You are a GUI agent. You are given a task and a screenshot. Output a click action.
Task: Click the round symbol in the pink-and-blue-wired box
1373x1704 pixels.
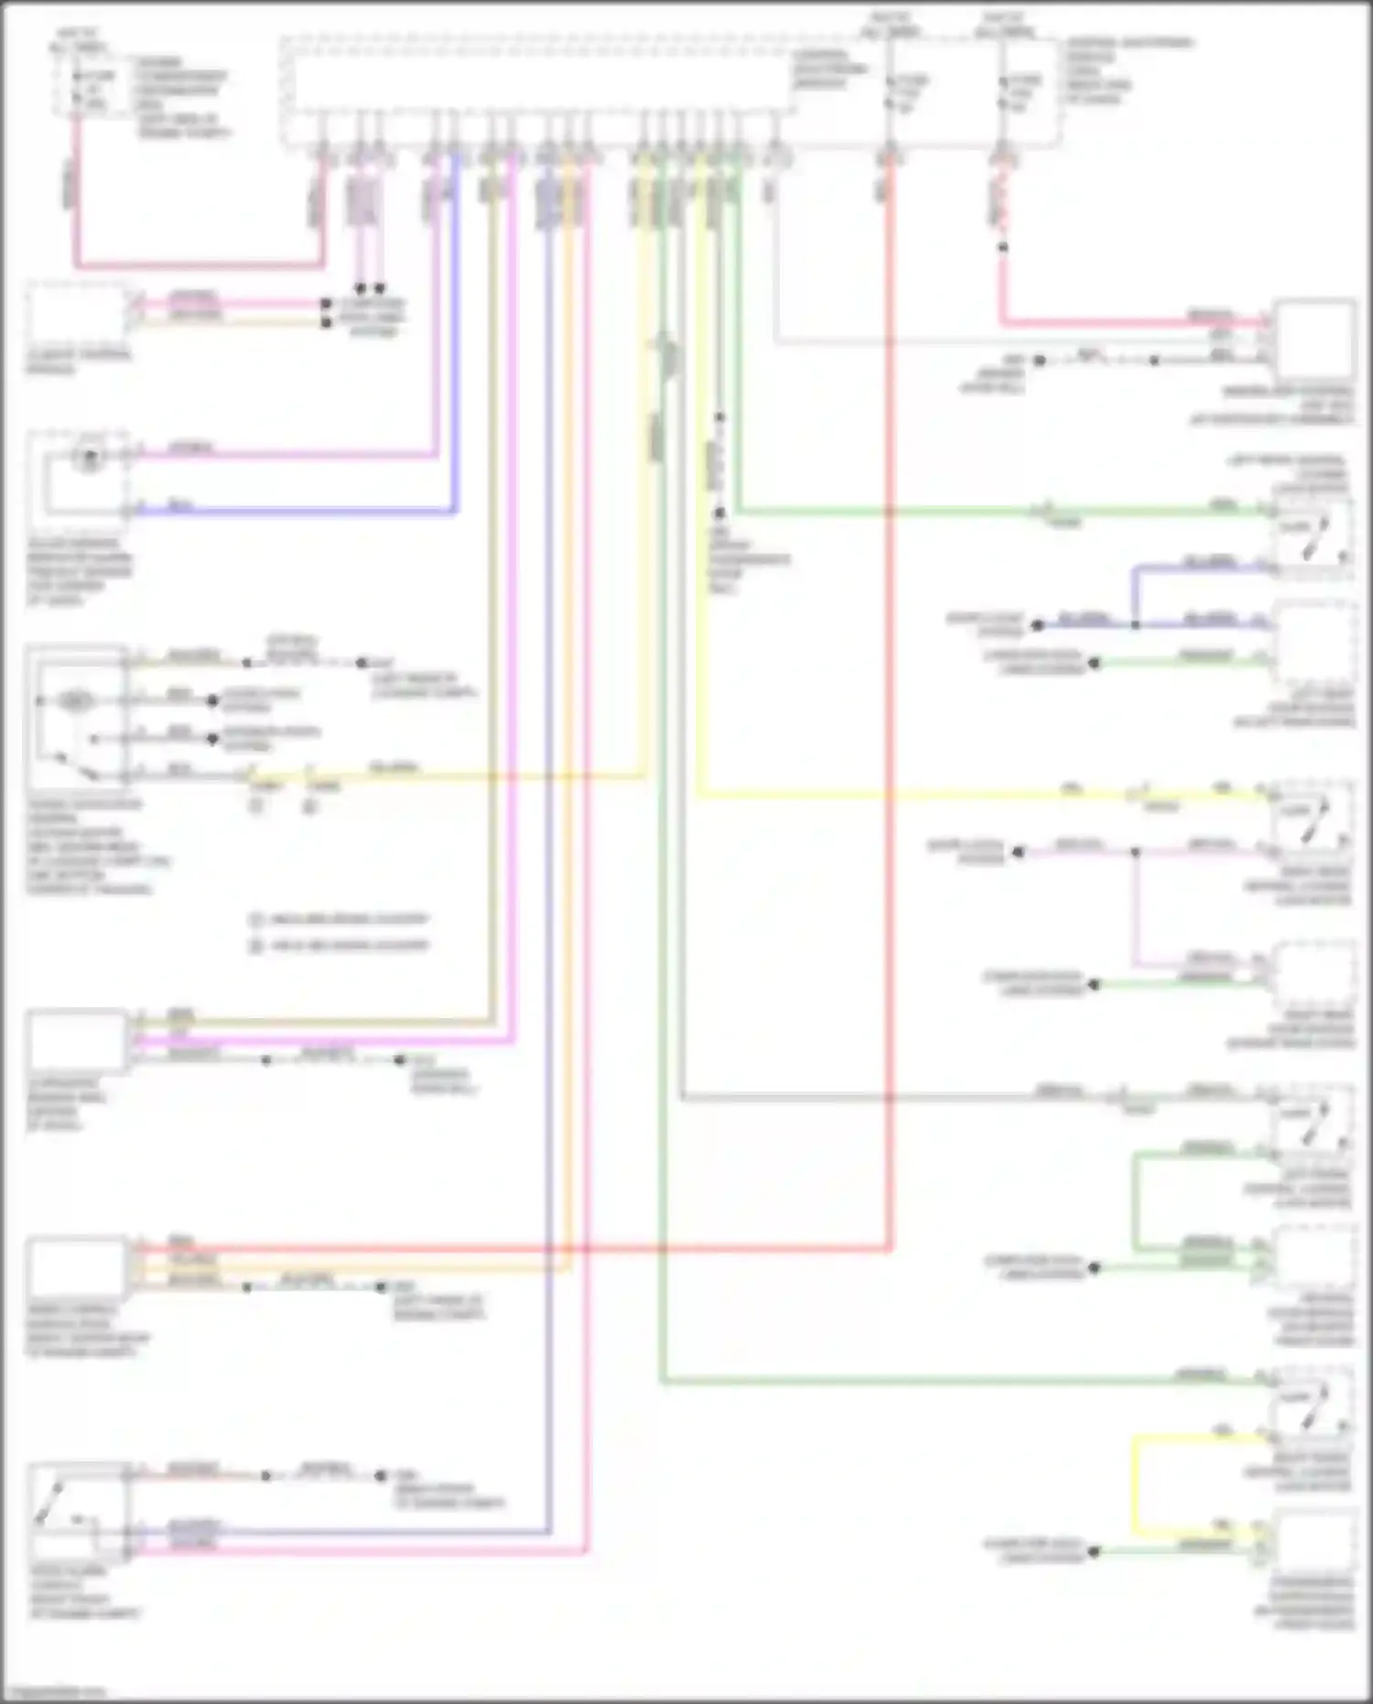pos(89,457)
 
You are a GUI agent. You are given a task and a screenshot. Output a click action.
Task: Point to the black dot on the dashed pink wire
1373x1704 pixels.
pos(1003,247)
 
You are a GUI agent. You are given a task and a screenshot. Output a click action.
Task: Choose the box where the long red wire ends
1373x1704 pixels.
pos(77,1265)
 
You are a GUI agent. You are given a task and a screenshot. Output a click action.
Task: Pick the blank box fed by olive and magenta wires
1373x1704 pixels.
pos(77,1040)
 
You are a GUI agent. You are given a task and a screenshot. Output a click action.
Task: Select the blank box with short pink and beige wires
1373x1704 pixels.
pos(77,315)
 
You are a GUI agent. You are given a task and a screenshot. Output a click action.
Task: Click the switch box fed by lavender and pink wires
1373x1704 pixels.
pos(77,1512)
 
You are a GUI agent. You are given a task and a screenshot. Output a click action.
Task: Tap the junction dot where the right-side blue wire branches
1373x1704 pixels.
pos(1135,625)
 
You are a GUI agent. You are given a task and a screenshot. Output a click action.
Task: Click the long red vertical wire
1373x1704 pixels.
pos(889,733)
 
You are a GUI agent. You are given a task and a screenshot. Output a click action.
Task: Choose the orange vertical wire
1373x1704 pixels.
pos(568,733)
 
